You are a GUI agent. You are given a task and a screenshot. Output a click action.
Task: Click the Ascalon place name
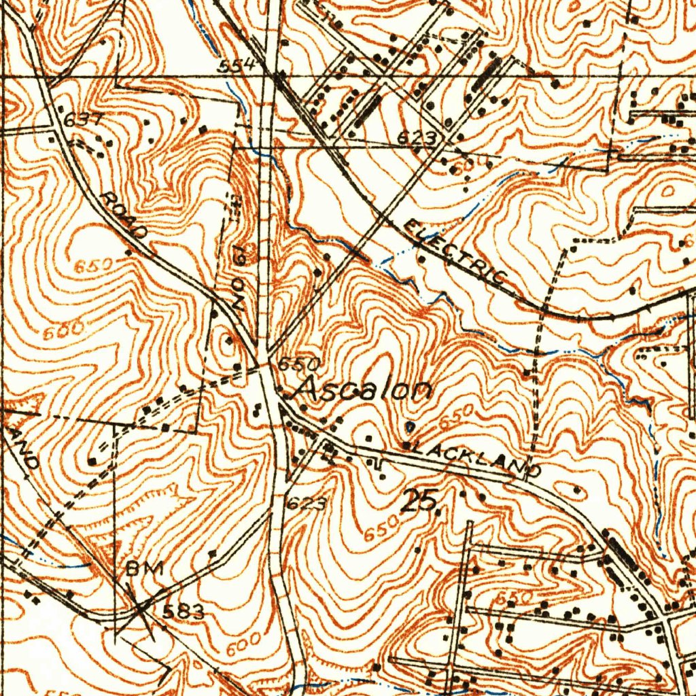tap(364, 391)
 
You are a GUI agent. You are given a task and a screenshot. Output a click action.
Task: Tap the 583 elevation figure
tap(183, 612)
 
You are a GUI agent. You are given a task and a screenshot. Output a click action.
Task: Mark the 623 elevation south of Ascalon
tap(306, 504)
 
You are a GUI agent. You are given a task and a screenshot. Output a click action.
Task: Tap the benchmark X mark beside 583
tap(141, 607)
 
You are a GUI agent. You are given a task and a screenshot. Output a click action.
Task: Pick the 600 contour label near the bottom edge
tap(243, 643)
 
